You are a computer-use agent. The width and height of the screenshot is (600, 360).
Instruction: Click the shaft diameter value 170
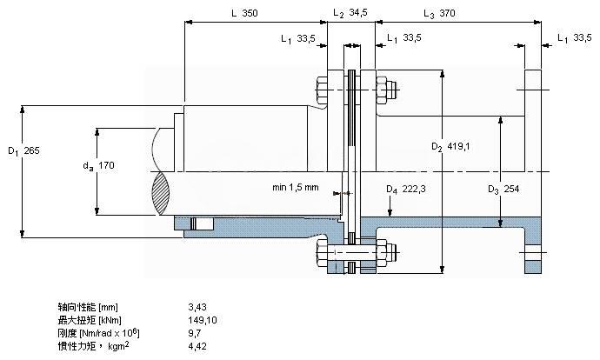(105, 165)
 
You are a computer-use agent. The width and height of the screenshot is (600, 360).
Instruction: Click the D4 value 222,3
(412, 189)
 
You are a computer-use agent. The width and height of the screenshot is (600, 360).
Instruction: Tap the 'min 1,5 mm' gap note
(295, 187)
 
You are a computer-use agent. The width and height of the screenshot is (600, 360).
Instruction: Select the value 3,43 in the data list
(197, 307)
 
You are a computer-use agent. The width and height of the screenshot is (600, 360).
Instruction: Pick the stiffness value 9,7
(195, 333)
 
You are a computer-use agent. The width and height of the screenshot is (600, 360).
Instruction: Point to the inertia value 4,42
(197, 346)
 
